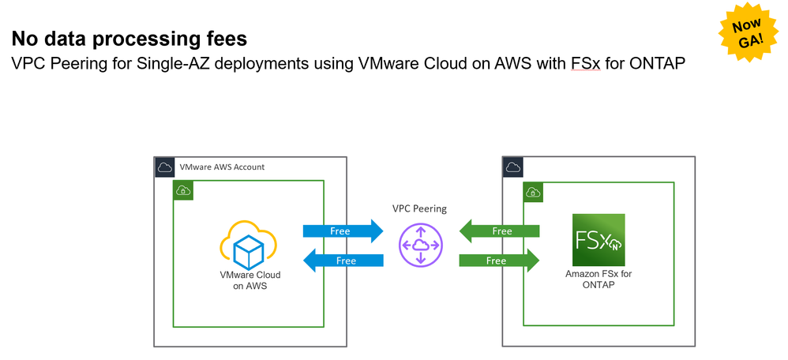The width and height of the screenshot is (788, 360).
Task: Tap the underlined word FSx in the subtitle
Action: pyautogui.click(x=584, y=64)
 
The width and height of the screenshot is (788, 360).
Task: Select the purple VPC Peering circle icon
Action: pyautogui.click(x=421, y=244)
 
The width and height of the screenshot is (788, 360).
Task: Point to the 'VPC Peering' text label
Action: pyautogui.click(x=419, y=209)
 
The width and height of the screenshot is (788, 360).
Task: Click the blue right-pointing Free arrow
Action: pyautogui.click(x=343, y=231)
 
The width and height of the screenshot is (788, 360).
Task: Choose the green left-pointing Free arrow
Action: pyautogui.click(x=500, y=231)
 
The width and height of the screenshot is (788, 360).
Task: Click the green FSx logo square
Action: pyautogui.click(x=599, y=239)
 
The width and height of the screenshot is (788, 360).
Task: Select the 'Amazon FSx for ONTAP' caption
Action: pyautogui.click(x=599, y=279)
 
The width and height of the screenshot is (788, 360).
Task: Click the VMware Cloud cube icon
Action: pyautogui.click(x=250, y=245)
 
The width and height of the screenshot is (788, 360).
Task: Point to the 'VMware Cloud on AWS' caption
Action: pyautogui.click(x=250, y=279)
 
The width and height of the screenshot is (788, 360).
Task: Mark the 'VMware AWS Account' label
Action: pyautogui.click(x=222, y=167)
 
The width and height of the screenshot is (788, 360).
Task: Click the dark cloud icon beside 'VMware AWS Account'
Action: pyautogui.click(x=164, y=167)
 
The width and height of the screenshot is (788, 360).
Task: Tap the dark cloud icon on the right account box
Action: pyautogui.click(x=512, y=167)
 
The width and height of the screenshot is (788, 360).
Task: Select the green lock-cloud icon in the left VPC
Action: pyautogui.click(x=183, y=190)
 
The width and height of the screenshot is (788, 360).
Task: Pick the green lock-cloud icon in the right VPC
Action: pyautogui.click(x=532, y=191)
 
